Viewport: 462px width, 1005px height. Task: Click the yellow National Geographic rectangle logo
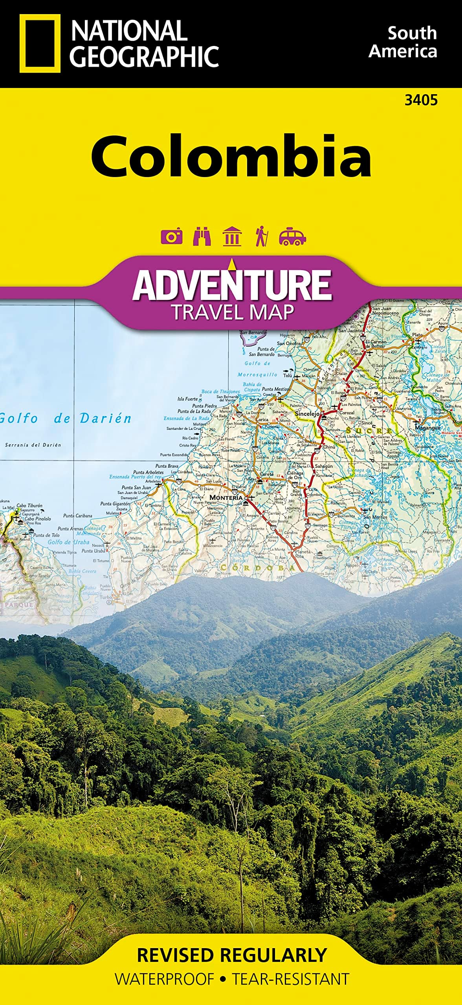pyautogui.click(x=40, y=43)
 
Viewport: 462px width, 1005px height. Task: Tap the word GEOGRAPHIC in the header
pyautogui.click(x=144, y=57)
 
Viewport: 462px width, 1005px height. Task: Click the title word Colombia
pyautogui.click(x=231, y=156)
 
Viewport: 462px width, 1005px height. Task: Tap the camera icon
pyautogui.click(x=172, y=236)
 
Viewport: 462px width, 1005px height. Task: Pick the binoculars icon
pyautogui.click(x=202, y=236)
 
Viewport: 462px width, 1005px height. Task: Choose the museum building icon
pyautogui.click(x=232, y=236)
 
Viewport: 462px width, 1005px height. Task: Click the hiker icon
pyautogui.click(x=261, y=236)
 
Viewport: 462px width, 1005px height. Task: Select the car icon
pyautogui.click(x=292, y=236)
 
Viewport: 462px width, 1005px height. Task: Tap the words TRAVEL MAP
pyautogui.click(x=233, y=312)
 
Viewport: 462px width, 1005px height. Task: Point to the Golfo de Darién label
pyautogui.click(x=65, y=418)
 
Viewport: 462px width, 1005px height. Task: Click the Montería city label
pyautogui.click(x=226, y=497)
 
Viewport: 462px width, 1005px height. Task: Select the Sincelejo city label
pyautogui.click(x=307, y=414)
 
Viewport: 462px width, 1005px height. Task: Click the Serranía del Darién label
pyautogui.click(x=33, y=445)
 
